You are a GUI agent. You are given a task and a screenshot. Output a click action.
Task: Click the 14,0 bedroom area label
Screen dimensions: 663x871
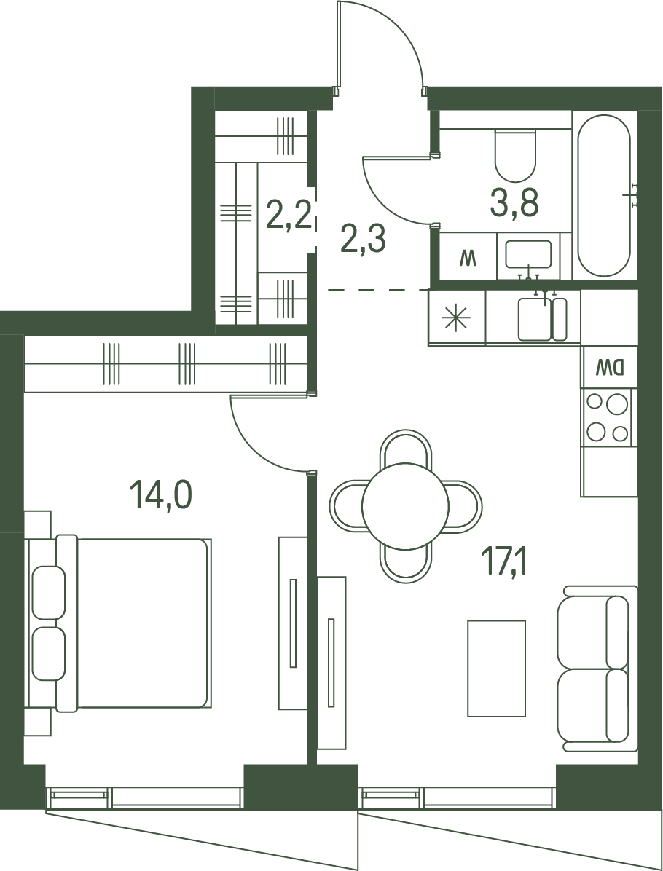pos(160,495)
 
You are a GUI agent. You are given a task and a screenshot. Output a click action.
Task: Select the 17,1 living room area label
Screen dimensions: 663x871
pos(506,562)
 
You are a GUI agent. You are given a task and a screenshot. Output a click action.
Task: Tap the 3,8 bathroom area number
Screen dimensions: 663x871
pos(514,203)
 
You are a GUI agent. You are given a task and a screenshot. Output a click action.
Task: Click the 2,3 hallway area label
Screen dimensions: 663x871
pos(363,240)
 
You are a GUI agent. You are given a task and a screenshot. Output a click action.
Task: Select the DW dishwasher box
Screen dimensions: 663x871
pos(610,366)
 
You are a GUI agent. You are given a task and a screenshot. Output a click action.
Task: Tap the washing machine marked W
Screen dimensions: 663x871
pos(468,256)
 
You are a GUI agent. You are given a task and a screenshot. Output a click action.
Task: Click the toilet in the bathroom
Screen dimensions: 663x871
pos(515,154)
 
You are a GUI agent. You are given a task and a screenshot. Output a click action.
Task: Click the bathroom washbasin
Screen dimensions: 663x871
pos(528,254)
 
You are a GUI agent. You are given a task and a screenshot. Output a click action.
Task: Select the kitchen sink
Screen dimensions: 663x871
pos(542,319)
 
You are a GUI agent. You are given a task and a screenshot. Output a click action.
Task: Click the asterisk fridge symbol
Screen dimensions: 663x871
pos(455,318)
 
